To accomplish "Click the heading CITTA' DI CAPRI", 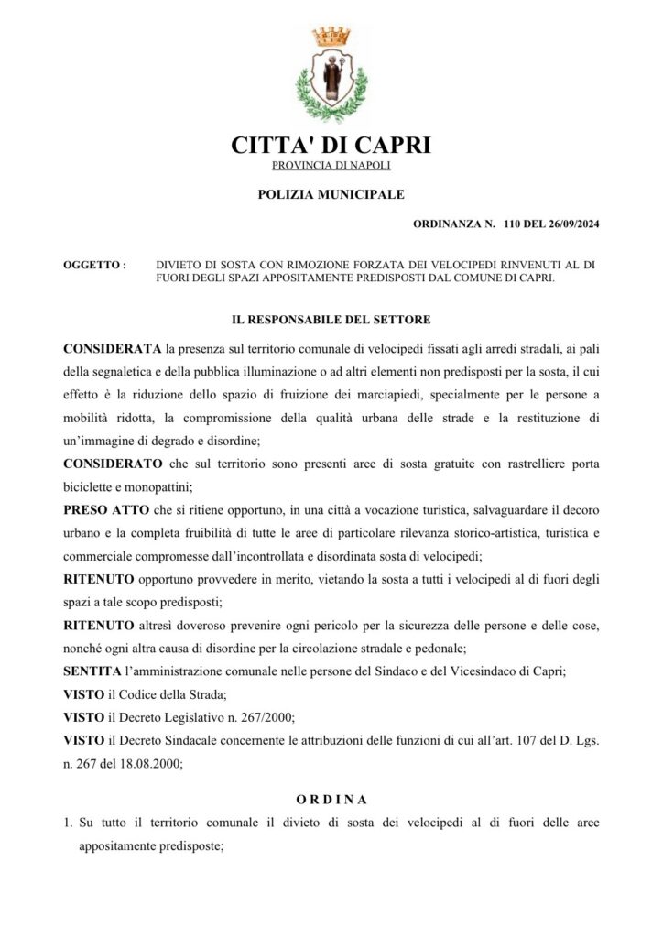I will coord(331,145).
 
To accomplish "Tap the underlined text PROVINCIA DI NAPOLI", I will coord(331,165).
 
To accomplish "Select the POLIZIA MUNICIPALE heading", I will coord(331,194).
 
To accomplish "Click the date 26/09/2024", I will coord(569,224).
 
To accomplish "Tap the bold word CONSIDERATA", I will coord(113,349).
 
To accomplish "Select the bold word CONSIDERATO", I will coord(113,464).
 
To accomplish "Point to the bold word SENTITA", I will coord(94,671).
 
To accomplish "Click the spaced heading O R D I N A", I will coord(331,800).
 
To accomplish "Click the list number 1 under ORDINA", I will coord(67,823).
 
